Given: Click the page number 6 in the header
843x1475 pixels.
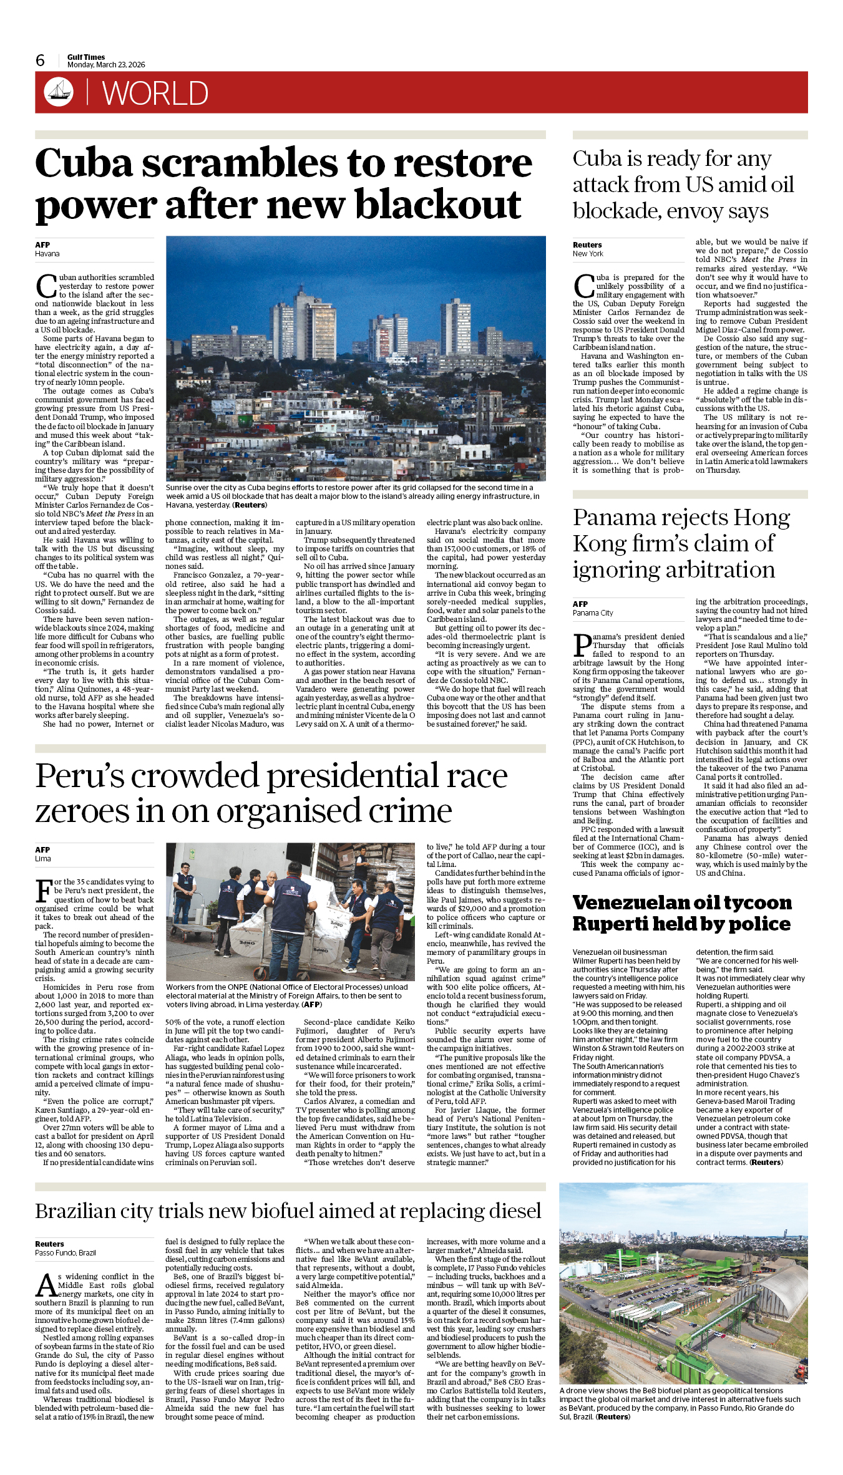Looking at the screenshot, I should [x=41, y=60].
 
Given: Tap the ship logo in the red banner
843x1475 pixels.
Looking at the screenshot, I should [x=59, y=92].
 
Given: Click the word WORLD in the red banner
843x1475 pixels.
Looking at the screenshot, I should [x=155, y=94].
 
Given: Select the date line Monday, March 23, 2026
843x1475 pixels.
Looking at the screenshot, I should [x=106, y=65].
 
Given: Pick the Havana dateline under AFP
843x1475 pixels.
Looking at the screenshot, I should [x=47, y=254].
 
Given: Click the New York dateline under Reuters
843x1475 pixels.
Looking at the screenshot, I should [x=588, y=254].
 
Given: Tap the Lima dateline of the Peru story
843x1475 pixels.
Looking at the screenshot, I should [x=43, y=859].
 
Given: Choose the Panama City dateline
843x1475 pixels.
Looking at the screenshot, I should [x=593, y=613].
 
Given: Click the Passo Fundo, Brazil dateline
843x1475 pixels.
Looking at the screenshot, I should [x=66, y=1253].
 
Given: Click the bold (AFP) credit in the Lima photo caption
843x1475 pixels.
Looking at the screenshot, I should [x=311, y=1005].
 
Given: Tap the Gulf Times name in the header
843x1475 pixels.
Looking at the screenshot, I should [x=86, y=57].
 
